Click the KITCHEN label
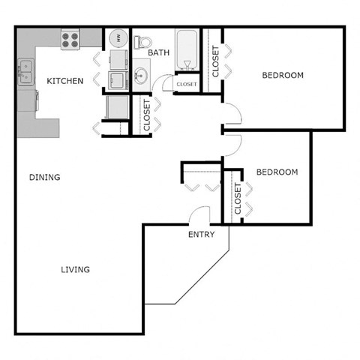[x=64, y=80]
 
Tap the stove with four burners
[x=70, y=39]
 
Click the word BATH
[x=158, y=52]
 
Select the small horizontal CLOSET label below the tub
[x=185, y=84]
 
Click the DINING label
[x=45, y=177]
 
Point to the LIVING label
[x=76, y=269]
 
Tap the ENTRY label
[x=201, y=234]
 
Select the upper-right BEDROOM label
[x=282, y=75]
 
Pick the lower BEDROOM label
[x=277, y=172]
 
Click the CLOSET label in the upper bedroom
[x=215, y=62]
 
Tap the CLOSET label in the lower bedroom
[x=237, y=199]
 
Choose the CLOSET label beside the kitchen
[x=146, y=116]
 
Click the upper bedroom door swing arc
[x=233, y=114]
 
